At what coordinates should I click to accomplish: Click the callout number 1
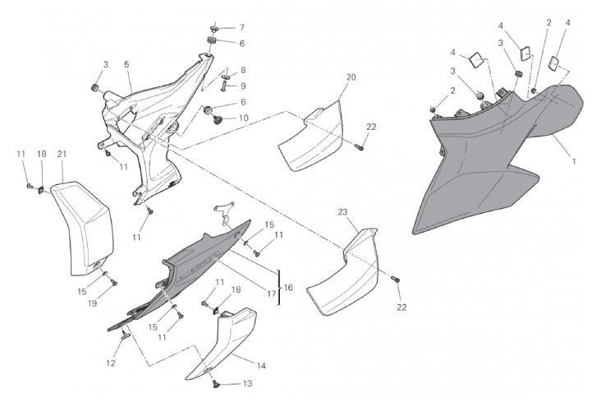click(x=574, y=161)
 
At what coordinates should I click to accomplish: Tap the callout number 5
click(x=127, y=63)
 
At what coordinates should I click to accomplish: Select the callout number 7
click(x=241, y=28)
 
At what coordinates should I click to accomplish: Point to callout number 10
click(x=243, y=118)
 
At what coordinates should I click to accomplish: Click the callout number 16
click(x=289, y=287)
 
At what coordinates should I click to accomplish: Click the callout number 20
click(x=351, y=76)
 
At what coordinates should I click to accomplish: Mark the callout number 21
click(x=62, y=154)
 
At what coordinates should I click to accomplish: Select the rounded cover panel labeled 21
click(x=82, y=226)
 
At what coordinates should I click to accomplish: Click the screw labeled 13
click(x=216, y=383)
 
